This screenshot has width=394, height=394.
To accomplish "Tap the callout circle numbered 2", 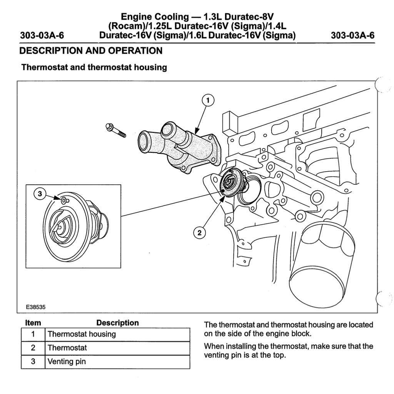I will click(199, 232).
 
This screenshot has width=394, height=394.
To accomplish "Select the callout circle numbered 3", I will click(40, 194).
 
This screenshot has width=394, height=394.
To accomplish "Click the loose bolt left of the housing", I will click(116, 130).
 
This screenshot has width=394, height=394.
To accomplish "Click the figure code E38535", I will click(36, 307).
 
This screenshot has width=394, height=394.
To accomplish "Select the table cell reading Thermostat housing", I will click(82, 334).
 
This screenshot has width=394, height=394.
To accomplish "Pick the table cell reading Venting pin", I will click(67, 362).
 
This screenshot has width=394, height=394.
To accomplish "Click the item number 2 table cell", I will click(33, 348).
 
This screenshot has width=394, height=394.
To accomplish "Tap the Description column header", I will click(117, 323).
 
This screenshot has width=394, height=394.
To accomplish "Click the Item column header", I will click(33, 323).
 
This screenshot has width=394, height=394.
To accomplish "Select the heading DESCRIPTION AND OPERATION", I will click(91, 51).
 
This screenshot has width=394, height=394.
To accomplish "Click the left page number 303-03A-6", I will click(42, 36).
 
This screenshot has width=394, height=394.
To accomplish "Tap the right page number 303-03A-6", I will click(352, 36).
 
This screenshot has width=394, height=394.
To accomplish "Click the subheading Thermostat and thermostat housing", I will click(94, 67).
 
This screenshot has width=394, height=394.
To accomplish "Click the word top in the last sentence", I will click(279, 355).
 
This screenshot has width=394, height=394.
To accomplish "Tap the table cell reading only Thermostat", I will click(67, 348).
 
